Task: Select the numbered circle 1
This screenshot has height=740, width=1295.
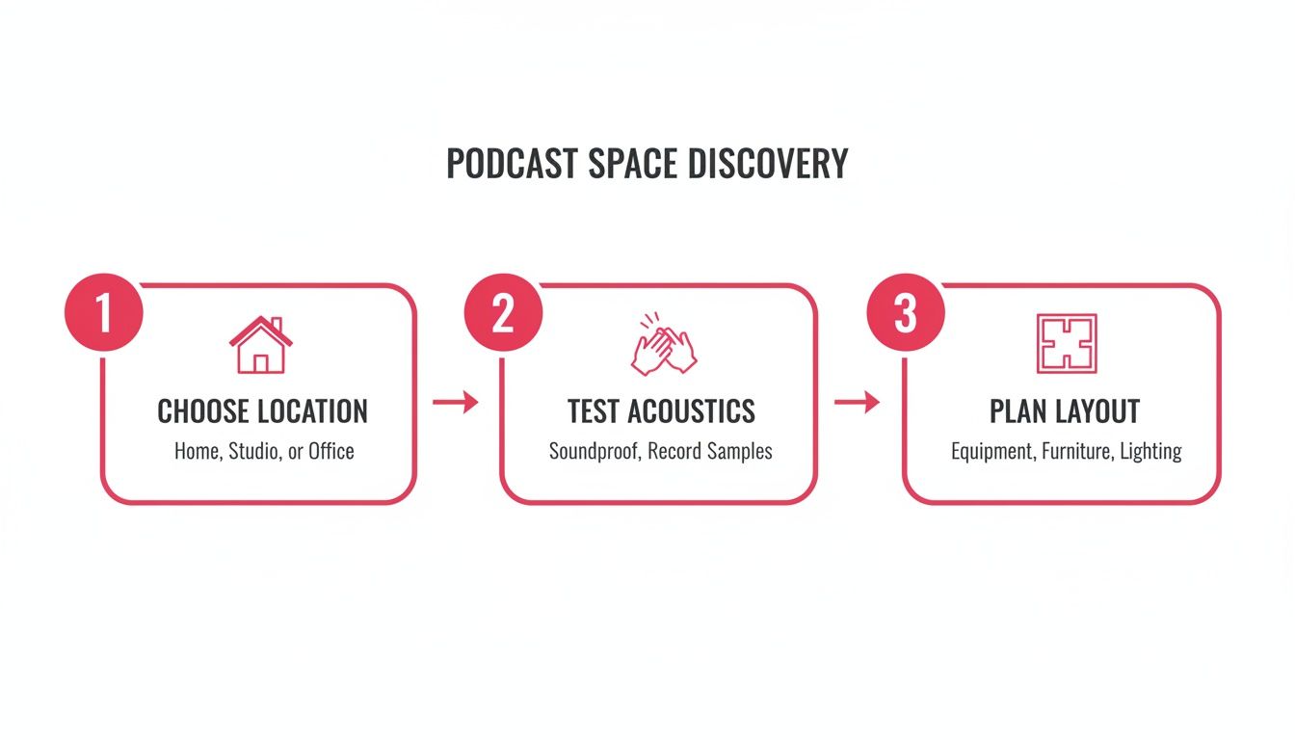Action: click(x=103, y=315)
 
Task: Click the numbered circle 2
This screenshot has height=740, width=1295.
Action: click(x=503, y=315)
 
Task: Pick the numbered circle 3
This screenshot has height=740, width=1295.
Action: click(x=906, y=315)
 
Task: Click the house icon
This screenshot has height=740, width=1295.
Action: click(x=260, y=345)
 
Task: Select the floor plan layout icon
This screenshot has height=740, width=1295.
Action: click(x=1066, y=344)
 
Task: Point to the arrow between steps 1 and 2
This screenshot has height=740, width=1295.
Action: click(x=456, y=403)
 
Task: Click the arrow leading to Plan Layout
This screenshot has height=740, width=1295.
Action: click(x=857, y=403)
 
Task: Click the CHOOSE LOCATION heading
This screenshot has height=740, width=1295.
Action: click(x=262, y=412)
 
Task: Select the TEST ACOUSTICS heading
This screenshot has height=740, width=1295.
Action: click(x=661, y=412)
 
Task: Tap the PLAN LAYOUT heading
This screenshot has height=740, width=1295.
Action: click(x=1065, y=412)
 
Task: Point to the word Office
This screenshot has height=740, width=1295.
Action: click(x=331, y=451)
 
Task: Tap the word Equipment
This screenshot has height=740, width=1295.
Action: click(x=993, y=451)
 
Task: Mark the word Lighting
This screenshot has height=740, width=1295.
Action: click(x=1150, y=451)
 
